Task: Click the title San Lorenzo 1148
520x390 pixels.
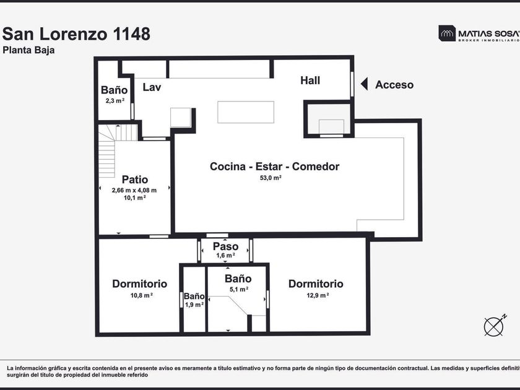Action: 76,34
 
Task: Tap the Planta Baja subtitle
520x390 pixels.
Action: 28,50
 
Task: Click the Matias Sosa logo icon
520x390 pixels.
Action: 447,33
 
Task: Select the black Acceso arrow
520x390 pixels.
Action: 364,84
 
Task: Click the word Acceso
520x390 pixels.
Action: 394,85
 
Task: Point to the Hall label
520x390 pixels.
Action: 310,80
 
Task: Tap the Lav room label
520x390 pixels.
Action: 152,87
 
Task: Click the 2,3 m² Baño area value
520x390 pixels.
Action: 115,100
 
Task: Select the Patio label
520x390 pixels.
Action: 135,180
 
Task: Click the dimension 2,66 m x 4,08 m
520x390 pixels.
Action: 134,191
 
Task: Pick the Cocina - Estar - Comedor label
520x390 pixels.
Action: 275,167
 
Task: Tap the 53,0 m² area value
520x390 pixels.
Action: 271,178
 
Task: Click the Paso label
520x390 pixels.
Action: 225,246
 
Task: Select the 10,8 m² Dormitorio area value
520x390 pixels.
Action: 142,295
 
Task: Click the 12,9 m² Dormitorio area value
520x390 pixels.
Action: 318,295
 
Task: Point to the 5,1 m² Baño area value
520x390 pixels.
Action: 239,290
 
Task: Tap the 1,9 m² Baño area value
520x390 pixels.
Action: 194,305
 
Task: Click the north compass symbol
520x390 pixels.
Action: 494,326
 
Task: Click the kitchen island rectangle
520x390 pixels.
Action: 246,112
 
